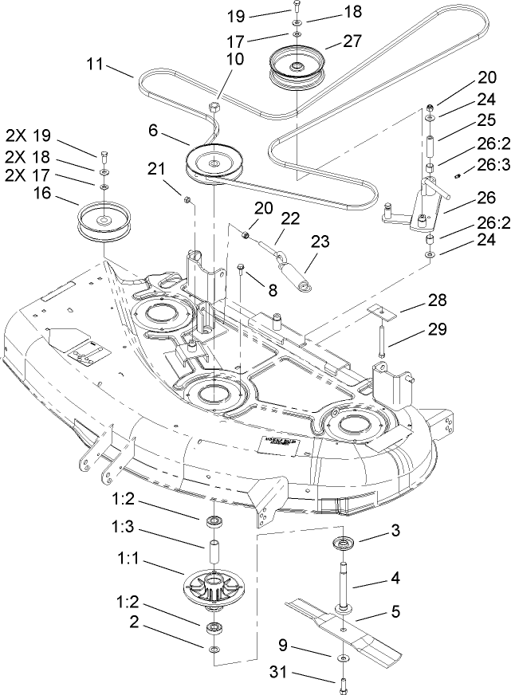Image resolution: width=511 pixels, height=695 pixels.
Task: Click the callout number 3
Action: click(372, 529)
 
